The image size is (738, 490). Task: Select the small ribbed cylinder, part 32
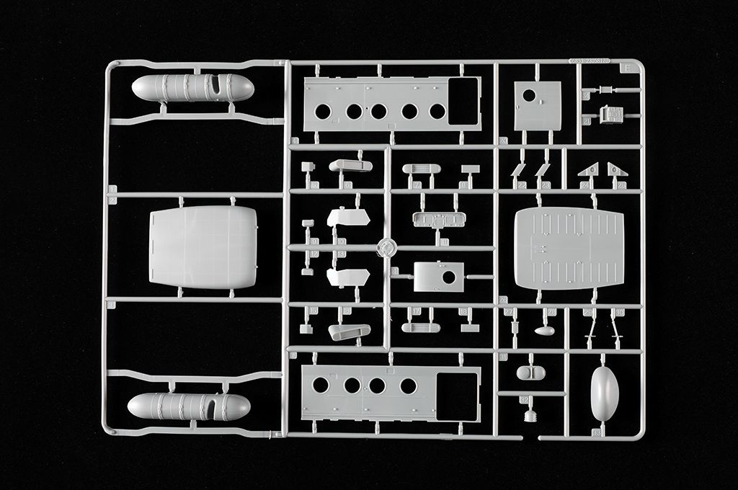(532, 415)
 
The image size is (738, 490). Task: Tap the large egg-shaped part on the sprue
(604, 393)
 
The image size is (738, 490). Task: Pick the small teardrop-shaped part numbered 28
(544, 331)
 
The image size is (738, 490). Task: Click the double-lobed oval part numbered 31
(531, 373)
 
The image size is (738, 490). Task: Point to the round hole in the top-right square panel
(529, 95)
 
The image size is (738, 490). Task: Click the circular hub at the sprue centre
(387, 247)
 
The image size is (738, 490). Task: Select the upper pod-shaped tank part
(192, 88)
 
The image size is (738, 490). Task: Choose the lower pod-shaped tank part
(189, 406)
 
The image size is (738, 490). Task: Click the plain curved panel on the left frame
(203, 247)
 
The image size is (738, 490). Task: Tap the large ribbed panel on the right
(569, 248)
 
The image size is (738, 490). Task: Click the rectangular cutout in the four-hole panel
(456, 396)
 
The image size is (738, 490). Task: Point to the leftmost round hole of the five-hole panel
(323, 112)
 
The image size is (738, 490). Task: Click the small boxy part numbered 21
(612, 115)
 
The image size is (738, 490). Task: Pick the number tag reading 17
(417, 311)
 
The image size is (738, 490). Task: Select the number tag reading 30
(621, 311)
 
